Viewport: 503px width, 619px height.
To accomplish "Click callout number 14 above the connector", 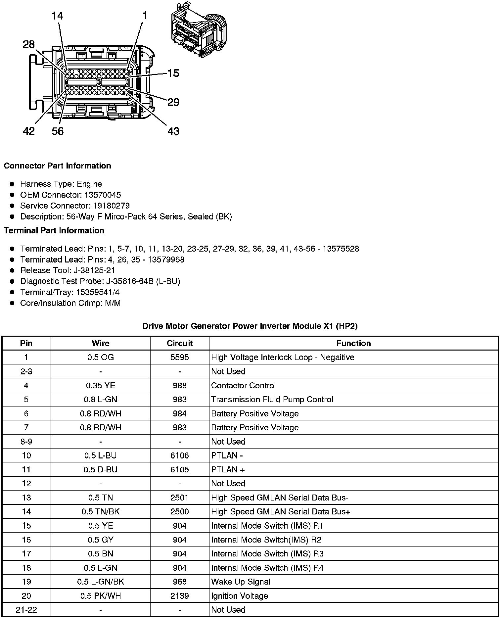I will coord(57,16).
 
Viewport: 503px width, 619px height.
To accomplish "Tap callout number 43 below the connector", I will coord(173,131).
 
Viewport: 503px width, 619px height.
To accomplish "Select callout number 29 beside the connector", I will coord(173,102).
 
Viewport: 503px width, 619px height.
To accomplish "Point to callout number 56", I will coord(58,131).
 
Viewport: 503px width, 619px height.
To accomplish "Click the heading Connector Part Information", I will coord(57,166).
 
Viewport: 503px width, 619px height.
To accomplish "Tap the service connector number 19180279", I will coord(111,206).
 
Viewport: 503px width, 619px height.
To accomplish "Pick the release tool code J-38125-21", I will coord(94,270).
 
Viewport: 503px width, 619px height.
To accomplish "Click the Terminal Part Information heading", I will coord(54,231).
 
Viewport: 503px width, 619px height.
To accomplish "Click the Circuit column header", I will coord(180,344).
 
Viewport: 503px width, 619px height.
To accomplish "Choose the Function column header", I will coord(353,344).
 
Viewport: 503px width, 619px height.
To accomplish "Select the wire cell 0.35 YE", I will coord(101,386).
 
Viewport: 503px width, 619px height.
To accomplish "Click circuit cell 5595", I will coord(180,357).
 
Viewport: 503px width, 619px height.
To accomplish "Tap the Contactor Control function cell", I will coord(243,386).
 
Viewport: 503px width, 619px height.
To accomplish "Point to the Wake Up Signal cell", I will coord(241,582).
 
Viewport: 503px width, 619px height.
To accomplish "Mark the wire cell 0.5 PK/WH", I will coord(101,596).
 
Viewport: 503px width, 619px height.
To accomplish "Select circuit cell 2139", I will coord(180,596).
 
